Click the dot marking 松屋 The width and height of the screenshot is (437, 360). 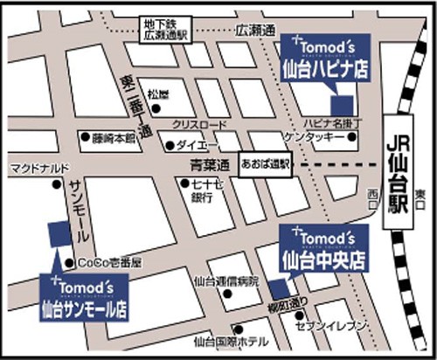tap(156, 109)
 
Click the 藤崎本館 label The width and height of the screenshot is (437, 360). tap(114, 138)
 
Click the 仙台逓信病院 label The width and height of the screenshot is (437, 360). tap(226, 282)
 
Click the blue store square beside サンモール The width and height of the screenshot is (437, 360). tap(59, 233)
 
